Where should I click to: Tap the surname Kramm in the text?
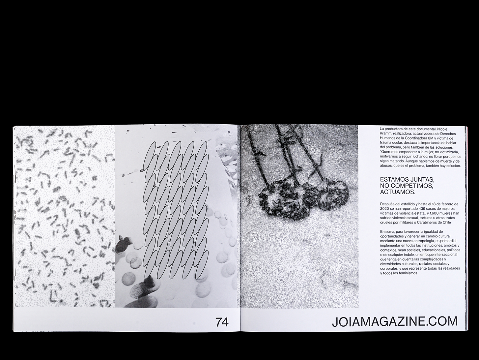(x=385, y=134)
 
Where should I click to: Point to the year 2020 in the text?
(x=384, y=208)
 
